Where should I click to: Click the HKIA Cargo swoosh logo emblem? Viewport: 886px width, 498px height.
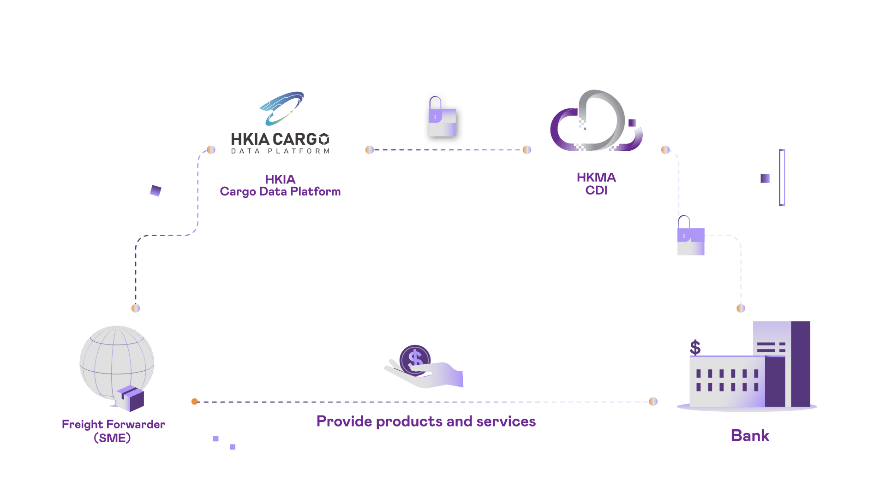coord(281,108)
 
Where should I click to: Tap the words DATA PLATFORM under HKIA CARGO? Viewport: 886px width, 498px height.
coord(280,151)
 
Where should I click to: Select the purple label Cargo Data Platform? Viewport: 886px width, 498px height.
coord(280,191)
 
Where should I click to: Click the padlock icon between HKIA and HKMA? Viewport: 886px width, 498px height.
coord(443,119)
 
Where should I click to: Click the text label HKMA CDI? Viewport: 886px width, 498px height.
coord(596,184)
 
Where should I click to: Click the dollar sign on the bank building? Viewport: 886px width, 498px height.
coord(695,348)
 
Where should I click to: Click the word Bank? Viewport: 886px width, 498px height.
coord(750,436)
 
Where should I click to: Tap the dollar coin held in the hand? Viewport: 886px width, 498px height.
coord(415,359)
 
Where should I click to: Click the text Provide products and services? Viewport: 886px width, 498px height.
coord(426,421)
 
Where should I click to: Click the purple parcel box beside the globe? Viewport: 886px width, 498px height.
coord(131,398)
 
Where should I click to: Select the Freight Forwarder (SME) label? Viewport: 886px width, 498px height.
coord(113,431)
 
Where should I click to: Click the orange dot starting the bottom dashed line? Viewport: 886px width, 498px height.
coord(195,402)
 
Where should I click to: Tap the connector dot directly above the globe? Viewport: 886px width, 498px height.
coord(136,308)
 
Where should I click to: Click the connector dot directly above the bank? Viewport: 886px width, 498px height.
coord(741,308)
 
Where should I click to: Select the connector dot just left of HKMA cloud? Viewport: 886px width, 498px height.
coord(527,150)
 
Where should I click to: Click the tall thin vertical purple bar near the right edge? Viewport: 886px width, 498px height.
coord(782,178)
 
